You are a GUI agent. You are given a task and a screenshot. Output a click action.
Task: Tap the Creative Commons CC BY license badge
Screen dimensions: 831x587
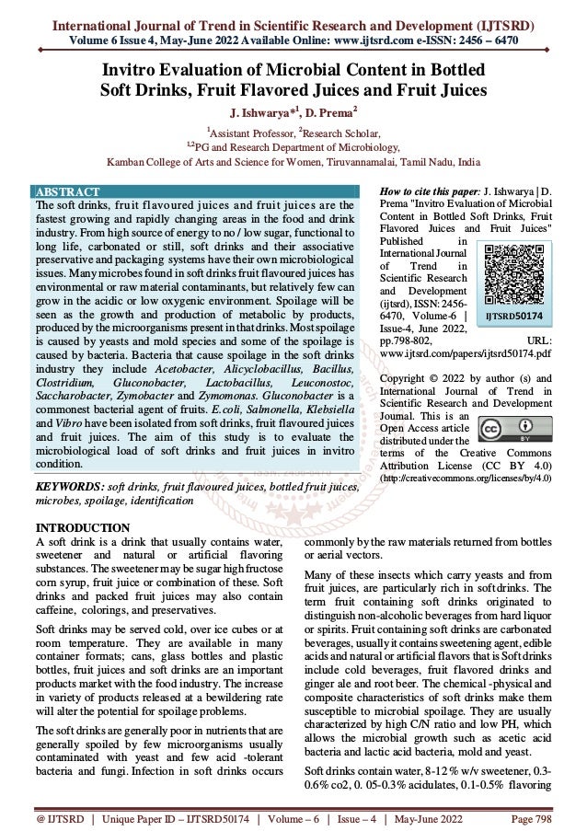tap(510, 430)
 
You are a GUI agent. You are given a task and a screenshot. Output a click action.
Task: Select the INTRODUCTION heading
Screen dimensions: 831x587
tap(81, 527)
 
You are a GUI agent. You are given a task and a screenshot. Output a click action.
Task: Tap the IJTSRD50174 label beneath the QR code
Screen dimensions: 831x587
tap(512, 313)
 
